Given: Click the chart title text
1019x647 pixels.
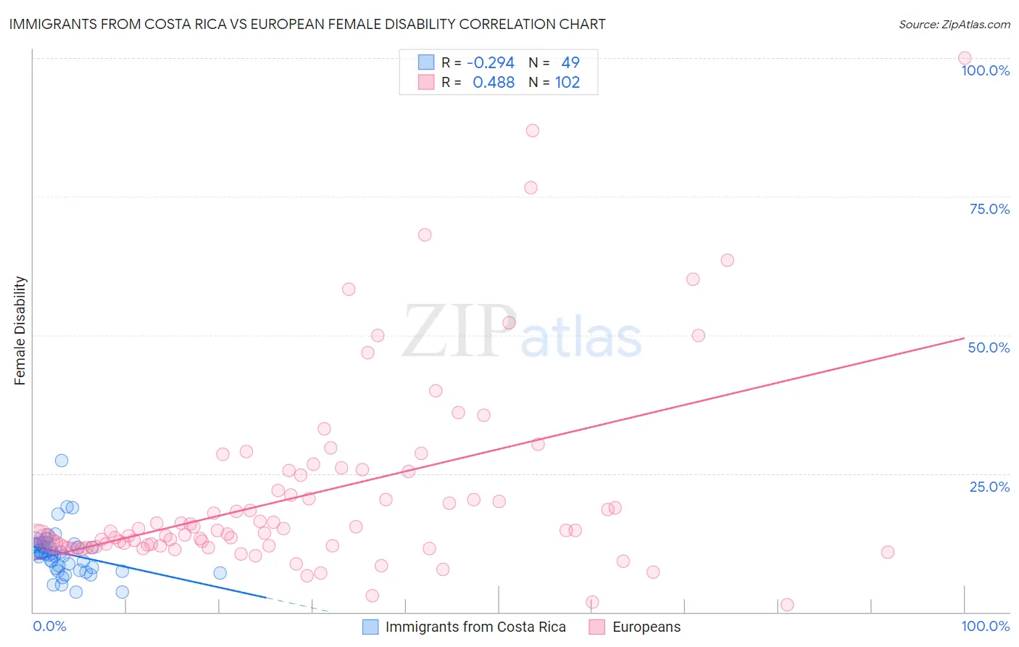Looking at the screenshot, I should click(x=307, y=24).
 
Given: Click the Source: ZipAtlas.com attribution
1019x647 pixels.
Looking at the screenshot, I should click(x=954, y=24).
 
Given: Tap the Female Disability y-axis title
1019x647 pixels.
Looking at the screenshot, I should click(x=20, y=330).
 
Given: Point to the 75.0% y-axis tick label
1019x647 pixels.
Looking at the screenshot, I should click(x=989, y=209).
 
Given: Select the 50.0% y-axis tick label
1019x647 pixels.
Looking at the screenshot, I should click(x=989, y=347).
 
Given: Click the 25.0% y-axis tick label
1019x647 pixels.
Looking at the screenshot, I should click(x=989, y=487).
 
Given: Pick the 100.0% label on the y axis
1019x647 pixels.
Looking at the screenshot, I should click(x=985, y=70).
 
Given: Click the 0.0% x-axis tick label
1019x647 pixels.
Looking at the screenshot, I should click(x=49, y=626).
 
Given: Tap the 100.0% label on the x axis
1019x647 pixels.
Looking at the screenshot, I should click(x=985, y=626).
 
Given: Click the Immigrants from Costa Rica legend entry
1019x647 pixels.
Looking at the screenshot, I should click(x=475, y=627).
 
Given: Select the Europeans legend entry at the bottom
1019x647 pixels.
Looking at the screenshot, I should click(x=646, y=627).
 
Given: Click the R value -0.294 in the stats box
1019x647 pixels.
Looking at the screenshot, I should click(x=491, y=62).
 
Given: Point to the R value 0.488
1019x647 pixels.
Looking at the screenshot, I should click(x=494, y=82).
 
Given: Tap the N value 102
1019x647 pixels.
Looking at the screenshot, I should click(x=567, y=82).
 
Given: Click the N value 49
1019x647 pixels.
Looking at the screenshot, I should click(x=570, y=62).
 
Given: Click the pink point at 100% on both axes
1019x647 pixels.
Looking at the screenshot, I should click(x=964, y=58).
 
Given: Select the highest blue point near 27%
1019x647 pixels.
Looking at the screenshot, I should click(x=62, y=461).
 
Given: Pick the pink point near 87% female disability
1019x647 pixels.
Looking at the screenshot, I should click(x=533, y=131).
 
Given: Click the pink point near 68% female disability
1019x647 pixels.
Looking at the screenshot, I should click(x=425, y=235).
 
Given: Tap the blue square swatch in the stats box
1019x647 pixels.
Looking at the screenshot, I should click(x=426, y=62).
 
